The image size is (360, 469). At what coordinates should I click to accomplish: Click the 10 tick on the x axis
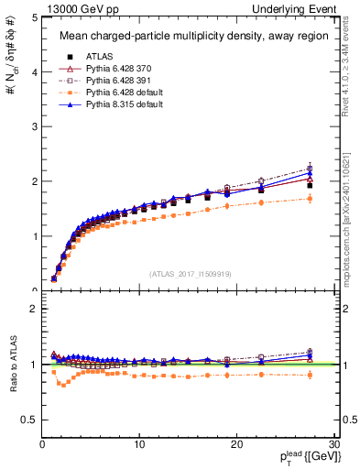pos(139,444)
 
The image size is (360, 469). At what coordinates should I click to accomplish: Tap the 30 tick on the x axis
pos(334,444)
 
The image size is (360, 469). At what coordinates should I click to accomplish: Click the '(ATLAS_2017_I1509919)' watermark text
pos(190,273)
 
